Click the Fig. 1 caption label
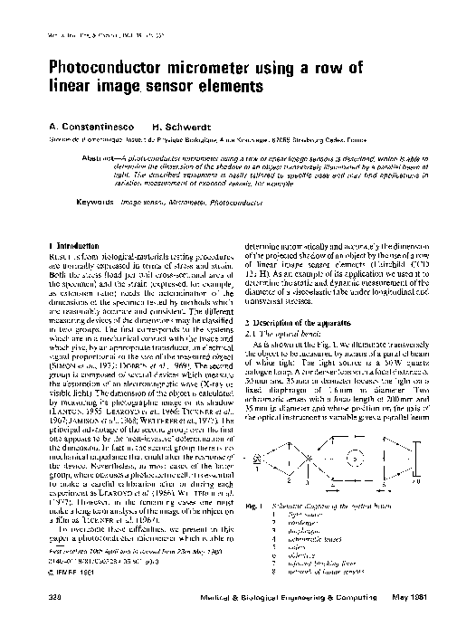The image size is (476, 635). (254, 484)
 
